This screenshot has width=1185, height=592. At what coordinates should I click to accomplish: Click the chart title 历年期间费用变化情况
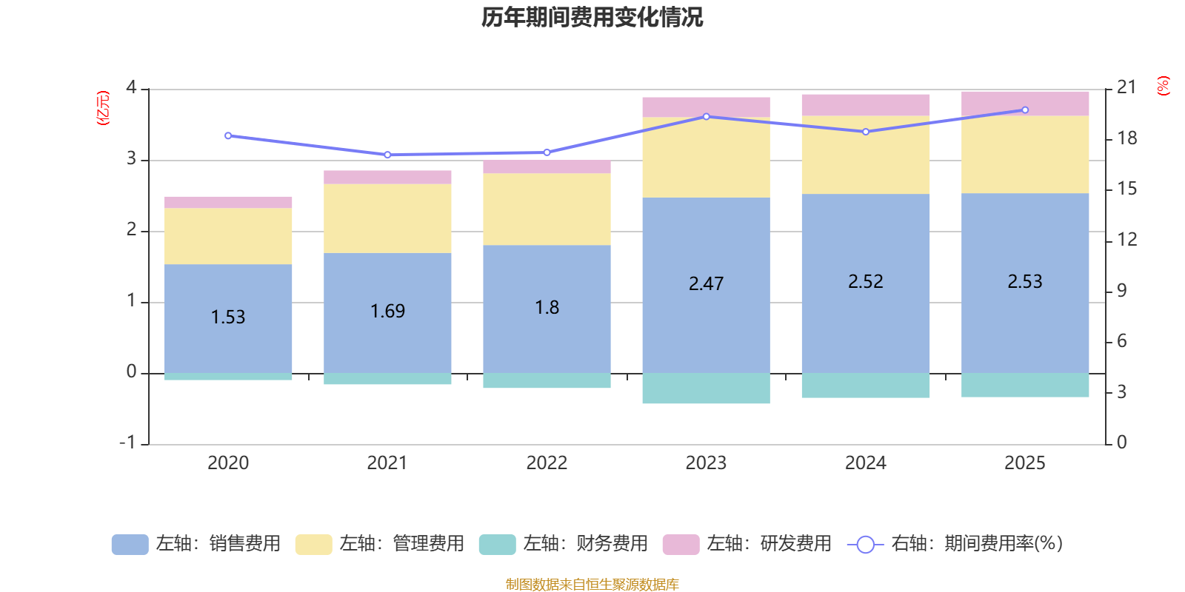[592, 17]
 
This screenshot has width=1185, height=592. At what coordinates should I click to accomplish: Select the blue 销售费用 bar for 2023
[706, 326]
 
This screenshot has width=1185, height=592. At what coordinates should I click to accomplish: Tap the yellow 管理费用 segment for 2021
[387, 218]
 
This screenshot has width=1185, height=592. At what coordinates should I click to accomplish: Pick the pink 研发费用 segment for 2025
[1025, 104]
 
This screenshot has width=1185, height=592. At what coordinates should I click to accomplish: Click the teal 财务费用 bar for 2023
[706, 388]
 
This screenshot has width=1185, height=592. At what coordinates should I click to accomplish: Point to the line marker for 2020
[228, 136]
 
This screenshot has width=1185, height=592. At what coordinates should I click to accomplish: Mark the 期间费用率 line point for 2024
[866, 132]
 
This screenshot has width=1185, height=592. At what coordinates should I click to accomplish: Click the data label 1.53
[228, 317]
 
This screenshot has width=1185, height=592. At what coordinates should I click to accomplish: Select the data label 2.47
[706, 284]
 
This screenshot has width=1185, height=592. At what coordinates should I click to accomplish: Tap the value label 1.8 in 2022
[547, 308]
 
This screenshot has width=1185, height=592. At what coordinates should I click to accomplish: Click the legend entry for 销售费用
[197, 544]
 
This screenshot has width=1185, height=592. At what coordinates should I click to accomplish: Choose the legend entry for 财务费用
[564, 544]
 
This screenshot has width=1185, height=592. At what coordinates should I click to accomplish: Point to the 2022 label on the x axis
[547, 463]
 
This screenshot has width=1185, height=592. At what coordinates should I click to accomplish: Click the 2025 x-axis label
[1025, 463]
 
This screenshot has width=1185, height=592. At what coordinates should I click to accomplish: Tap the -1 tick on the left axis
[128, 443]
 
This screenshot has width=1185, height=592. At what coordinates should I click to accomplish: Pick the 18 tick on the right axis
[1126, 138]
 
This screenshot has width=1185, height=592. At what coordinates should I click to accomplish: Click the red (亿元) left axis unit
[103, 108]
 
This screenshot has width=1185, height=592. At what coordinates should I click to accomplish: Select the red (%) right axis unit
[1164, 86]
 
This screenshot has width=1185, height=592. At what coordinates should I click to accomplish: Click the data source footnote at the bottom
[592, 585]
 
